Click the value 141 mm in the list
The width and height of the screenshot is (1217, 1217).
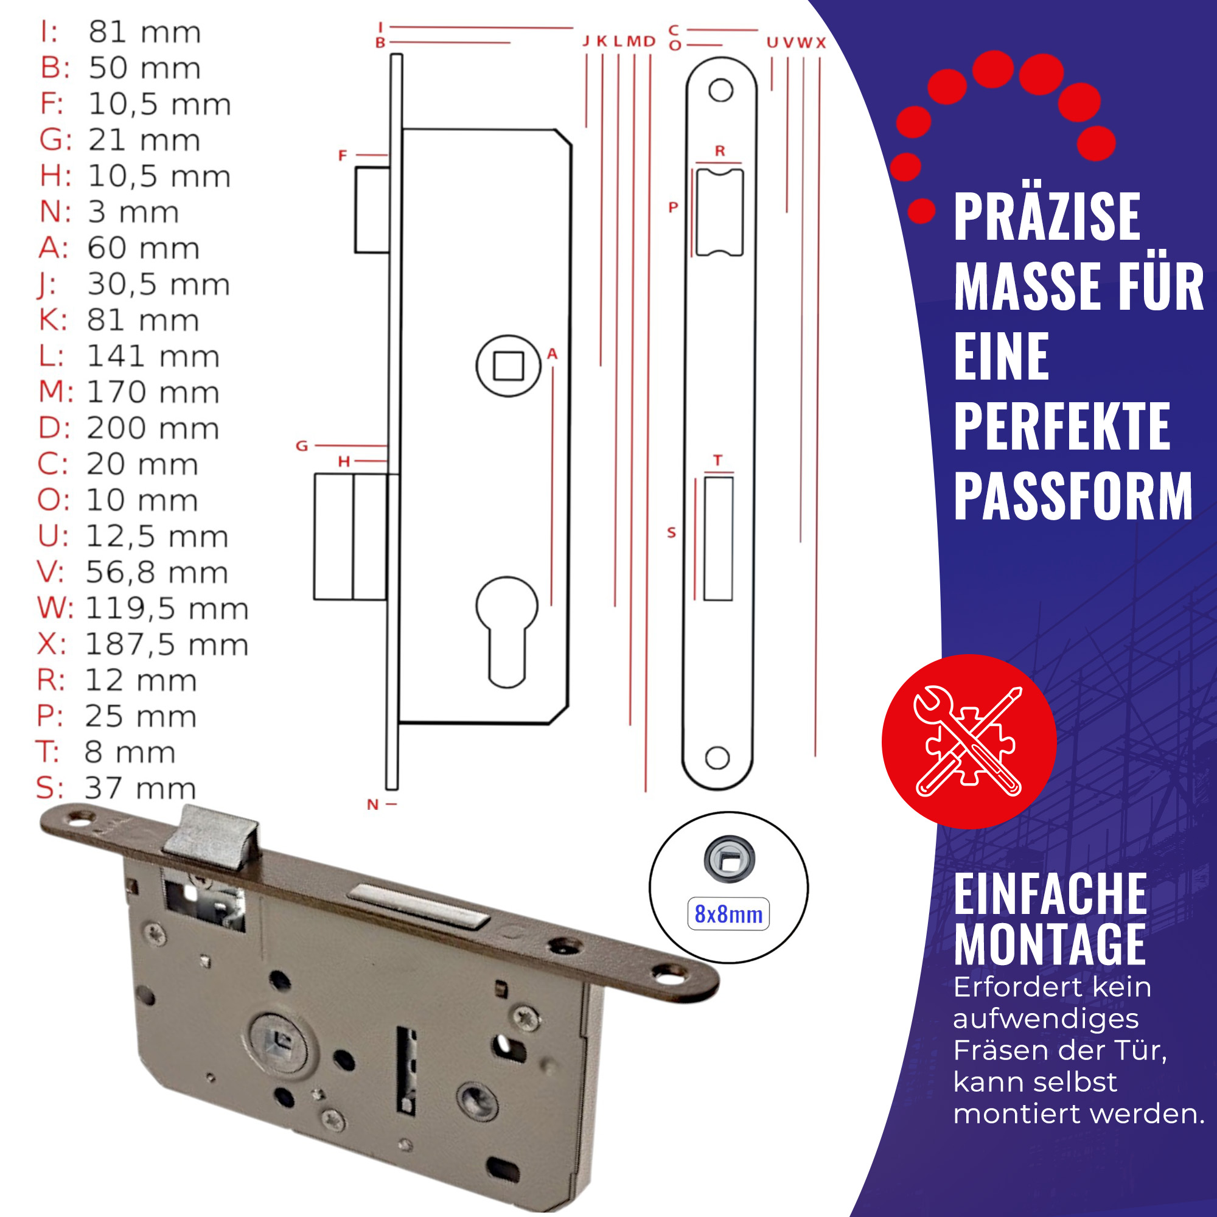[153, 357]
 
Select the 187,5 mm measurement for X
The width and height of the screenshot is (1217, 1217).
[167, 644]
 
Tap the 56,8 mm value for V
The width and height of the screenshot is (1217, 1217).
[157, 573]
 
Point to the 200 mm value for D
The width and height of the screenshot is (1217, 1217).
[153, 428]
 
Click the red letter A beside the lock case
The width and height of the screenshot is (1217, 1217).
[553, 354]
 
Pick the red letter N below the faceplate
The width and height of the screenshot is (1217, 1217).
[373, 804]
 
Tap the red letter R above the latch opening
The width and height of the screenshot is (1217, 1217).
[720, 151]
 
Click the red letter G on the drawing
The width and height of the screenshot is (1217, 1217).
[302, 446]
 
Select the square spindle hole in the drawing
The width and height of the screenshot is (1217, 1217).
[508, 366]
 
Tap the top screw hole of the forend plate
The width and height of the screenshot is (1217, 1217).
[720, 90]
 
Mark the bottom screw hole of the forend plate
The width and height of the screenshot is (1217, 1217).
[717, 758]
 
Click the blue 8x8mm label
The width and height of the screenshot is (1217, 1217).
[728, 914]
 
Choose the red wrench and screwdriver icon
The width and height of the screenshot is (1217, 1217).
[969, 741]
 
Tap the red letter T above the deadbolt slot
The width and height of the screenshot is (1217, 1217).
[718, 461]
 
